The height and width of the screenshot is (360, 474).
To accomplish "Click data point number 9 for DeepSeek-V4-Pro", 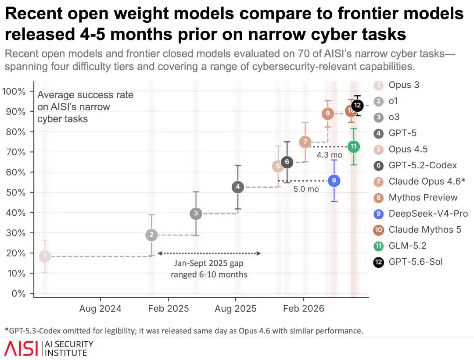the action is coord(334,181).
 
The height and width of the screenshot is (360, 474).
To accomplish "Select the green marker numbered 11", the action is coord(354,146).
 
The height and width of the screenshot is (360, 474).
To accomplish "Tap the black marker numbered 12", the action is coord(357,105).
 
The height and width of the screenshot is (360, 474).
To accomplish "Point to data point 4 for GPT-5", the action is coord(238,187).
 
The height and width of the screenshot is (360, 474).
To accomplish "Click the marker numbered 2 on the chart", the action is coord(151,235).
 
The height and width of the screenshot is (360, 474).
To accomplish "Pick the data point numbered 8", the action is coord(328,114).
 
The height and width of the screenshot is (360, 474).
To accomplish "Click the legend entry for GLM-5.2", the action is coord(400,246).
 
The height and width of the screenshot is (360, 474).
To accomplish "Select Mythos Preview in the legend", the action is coord(416,197).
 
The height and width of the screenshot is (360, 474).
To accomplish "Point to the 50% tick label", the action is coord(16,192).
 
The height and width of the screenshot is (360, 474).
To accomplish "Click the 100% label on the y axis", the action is coord(14,91).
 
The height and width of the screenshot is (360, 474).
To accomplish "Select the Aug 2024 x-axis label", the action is coord(101,309).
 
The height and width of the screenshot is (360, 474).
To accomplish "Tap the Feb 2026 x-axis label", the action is coord(304,309).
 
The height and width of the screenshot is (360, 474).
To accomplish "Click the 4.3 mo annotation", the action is coord(330,155).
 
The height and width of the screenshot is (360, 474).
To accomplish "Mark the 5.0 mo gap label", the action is coord(306,189).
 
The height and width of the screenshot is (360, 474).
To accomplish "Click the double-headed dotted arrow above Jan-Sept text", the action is coord(209,253).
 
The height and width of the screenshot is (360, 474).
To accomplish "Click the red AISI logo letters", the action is coord(21,349).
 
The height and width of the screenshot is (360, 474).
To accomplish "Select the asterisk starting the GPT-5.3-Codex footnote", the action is coord(7,329).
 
